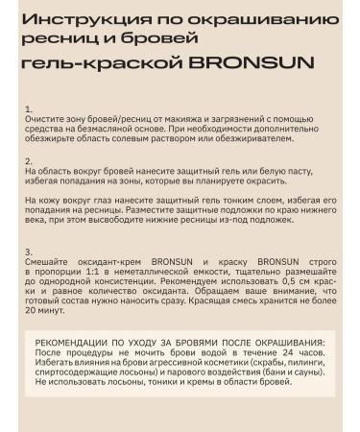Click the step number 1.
[x=29, y=108]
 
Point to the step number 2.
[x=29, y=160]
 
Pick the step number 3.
[x=29, y=251]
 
